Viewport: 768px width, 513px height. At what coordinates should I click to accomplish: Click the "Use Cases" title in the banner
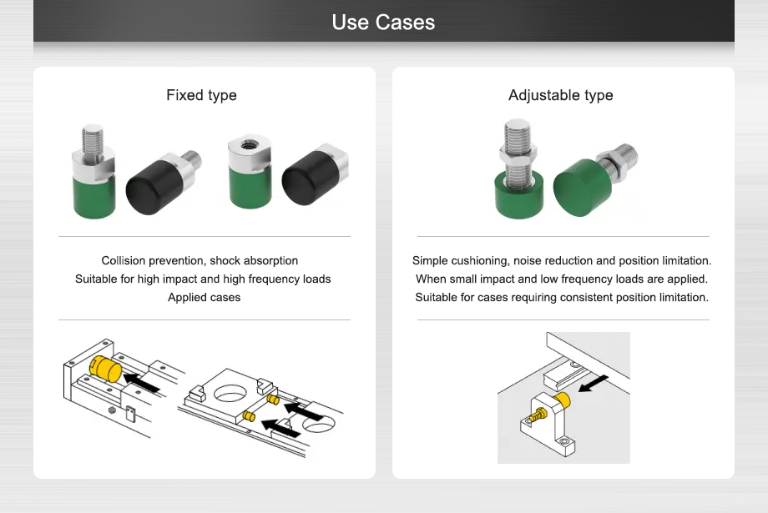click(x=383, y=22)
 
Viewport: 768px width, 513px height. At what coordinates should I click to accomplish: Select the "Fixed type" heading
click(x=201, y=95)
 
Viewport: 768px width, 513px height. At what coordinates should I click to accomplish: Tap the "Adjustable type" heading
click(x=560, y=95)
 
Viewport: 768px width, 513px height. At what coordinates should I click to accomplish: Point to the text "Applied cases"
click(x=204, y=297)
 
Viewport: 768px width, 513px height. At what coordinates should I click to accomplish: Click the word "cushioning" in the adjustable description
click(x=478, y=261)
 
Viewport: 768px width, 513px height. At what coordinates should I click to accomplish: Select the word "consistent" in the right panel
click(x=605, y=297)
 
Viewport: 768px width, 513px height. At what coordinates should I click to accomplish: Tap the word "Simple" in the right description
click(x=429, y=261)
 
